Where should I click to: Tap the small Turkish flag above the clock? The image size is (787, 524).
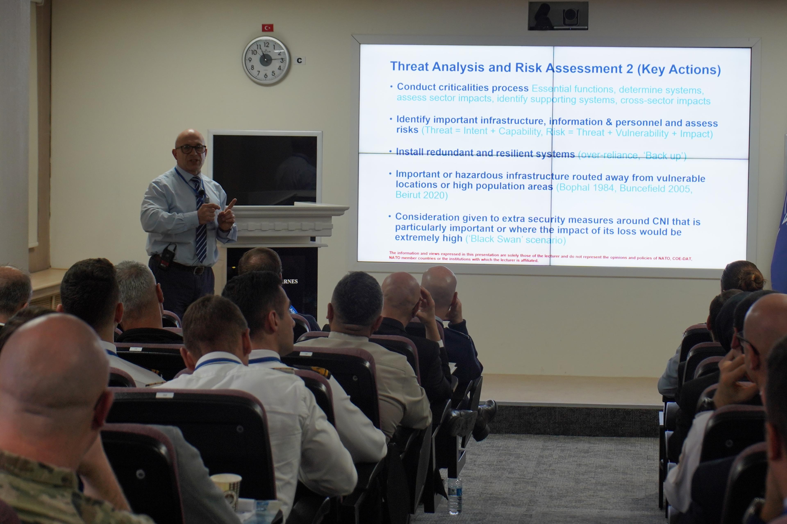pos(267,28)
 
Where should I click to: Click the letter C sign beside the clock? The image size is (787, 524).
pos(299,61)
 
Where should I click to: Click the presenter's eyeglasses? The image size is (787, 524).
pos(191,149)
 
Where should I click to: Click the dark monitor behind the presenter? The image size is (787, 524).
pos(265,169)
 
